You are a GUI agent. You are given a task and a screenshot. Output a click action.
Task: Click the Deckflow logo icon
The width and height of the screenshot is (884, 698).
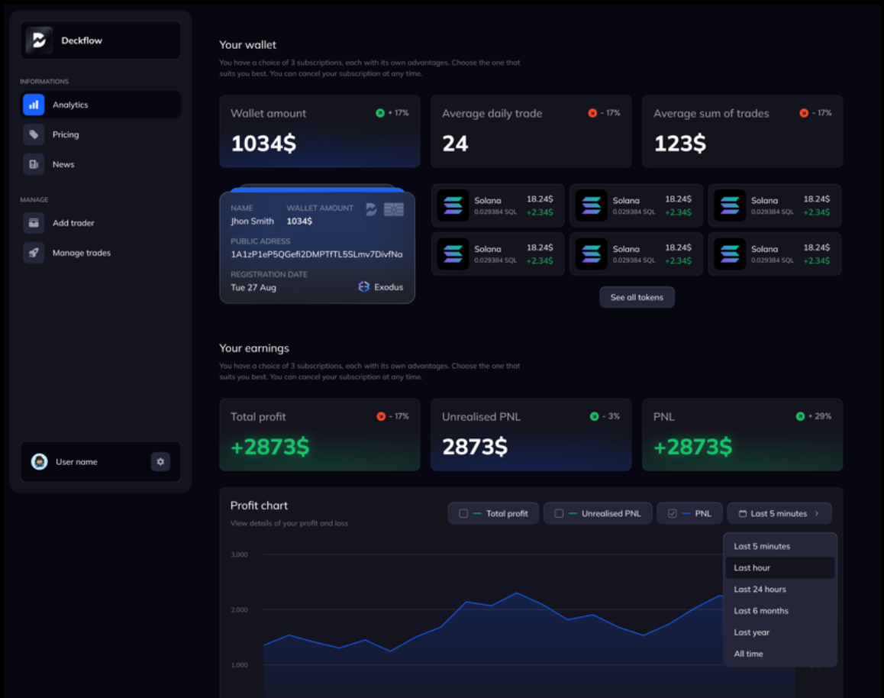coord(39,40)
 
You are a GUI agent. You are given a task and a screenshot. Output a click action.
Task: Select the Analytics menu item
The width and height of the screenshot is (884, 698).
coord(70,105)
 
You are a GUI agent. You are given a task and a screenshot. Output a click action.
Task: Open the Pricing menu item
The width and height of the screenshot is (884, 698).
coord(66,134)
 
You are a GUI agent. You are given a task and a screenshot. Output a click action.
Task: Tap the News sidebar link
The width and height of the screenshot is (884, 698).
coord(63,164)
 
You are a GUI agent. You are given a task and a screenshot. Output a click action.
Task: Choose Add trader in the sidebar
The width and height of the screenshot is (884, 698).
coord(73,223)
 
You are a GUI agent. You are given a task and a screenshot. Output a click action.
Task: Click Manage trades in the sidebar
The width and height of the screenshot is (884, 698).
coord(81,253)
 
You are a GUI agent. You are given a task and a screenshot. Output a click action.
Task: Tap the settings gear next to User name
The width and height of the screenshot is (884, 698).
coord(160,461)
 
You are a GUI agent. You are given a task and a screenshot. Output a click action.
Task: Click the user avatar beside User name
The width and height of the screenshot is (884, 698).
coord(39,461)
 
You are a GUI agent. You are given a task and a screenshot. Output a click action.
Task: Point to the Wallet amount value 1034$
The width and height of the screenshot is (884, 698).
coord(263,143)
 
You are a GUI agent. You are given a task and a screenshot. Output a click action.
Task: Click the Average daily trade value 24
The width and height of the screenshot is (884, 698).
coord(455,143)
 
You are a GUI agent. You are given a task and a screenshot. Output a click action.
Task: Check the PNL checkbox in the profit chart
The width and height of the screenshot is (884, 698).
coord(673,514)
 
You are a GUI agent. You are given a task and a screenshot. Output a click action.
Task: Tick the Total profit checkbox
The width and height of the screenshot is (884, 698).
coord(463,514)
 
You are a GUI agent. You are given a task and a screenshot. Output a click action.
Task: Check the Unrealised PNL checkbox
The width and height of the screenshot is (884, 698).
coord(559,514)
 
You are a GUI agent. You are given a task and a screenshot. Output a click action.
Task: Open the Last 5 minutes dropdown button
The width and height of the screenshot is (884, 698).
coord(779,513)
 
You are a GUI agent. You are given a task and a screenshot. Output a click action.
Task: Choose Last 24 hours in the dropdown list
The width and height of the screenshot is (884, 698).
coord(760,589)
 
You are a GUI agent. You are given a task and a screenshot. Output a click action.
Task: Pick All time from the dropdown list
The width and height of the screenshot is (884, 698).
coord(748,654)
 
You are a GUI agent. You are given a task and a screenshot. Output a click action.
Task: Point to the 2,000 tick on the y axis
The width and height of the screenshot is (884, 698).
coord(239,609)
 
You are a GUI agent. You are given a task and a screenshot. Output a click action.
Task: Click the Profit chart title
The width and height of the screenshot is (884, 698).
coord(259,506)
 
